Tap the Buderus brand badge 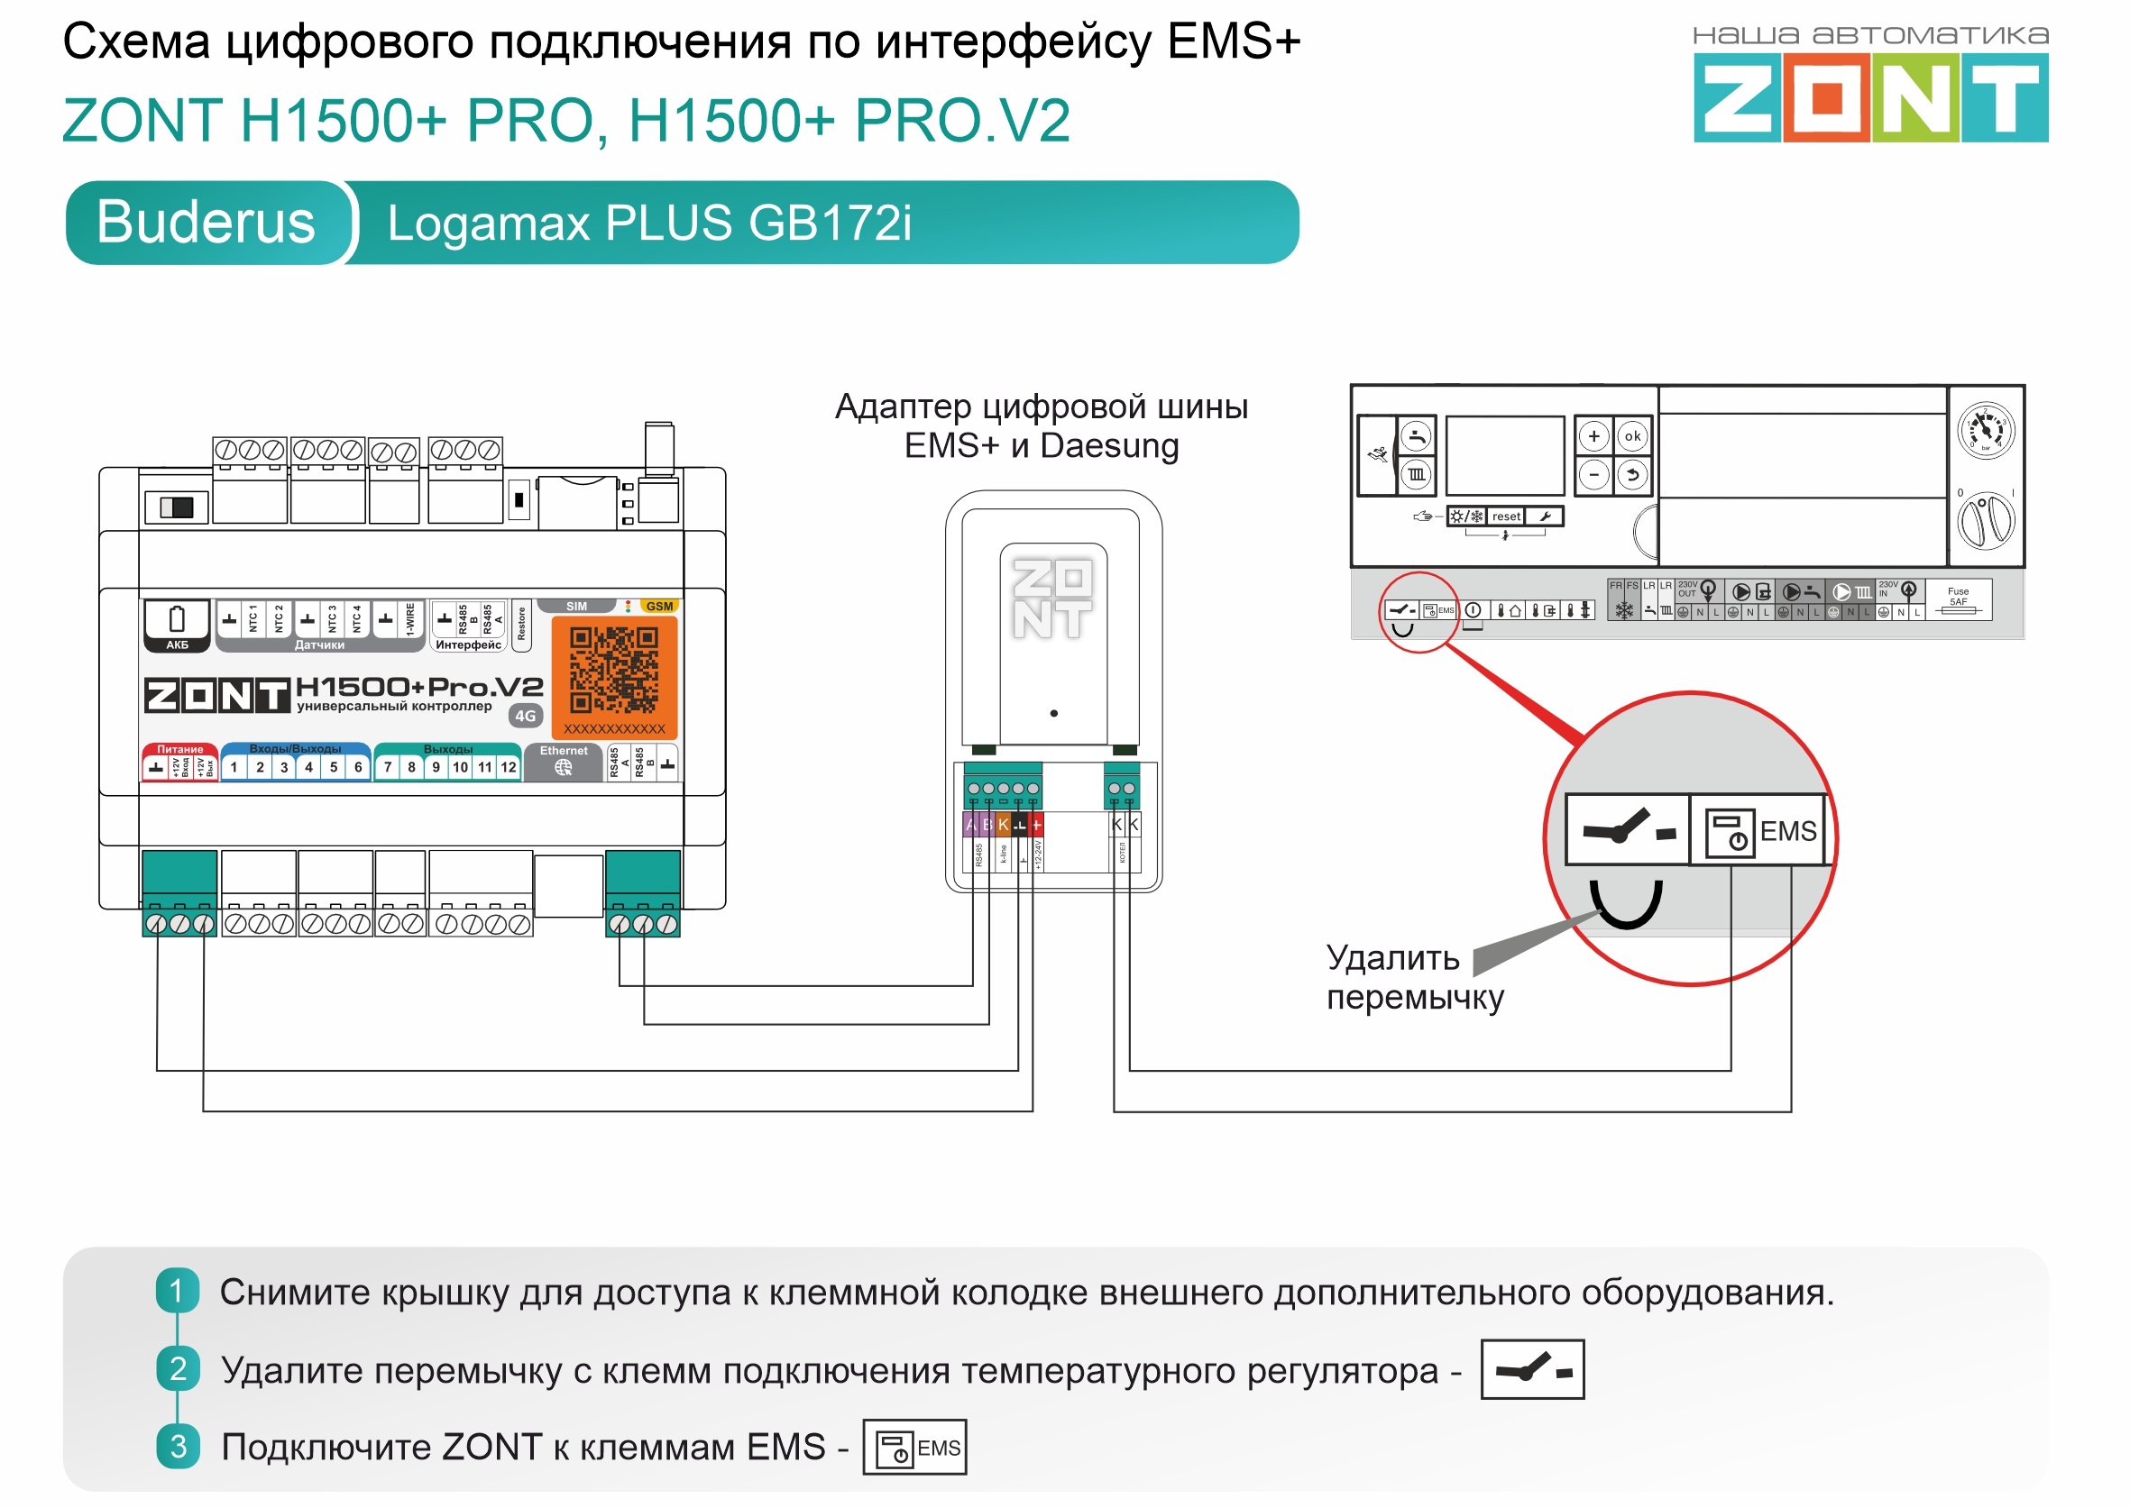point(207,223)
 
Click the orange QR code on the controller point(614,670)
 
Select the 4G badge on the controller point(526,716)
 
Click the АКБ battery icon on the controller point(178,625)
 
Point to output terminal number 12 point(508,767)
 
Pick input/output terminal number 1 point(234,767)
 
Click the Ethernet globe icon point(563,768)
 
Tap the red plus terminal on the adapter point(1037,825)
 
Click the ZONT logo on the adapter point(1052,599)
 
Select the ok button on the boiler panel point(1632,436)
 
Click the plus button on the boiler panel point(1594,436)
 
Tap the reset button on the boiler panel point(1506,516)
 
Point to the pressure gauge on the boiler point(1985,430)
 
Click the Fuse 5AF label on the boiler point(1957,597)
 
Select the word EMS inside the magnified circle point(1787,831)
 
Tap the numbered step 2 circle point(179,1368)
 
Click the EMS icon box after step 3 point(914,1447)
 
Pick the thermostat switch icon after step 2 point(1532,1368)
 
